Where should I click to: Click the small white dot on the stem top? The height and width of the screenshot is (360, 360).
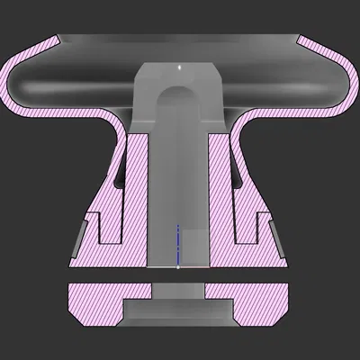(179, 67)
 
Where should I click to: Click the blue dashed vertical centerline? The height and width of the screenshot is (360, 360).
(178, 243)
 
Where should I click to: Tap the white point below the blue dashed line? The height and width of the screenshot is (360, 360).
(178, 267)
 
